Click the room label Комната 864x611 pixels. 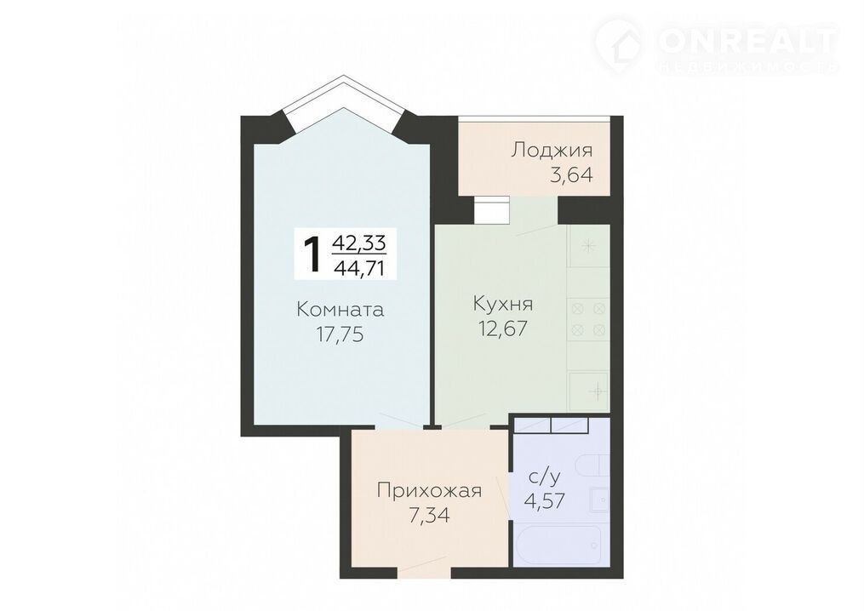coord(340,309)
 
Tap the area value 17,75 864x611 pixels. coord(340,334)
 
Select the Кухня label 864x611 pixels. coord(503,304)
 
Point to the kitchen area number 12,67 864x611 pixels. coord(504,328)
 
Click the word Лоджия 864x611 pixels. coord(552,150)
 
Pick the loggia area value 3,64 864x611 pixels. coord(571,174)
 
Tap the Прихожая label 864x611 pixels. coord(429,490)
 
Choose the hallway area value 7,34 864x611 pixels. coord(429,515)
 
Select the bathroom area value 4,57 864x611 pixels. coord(545,501)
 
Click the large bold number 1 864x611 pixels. coord(313,254)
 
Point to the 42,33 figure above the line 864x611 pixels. coord(358,242)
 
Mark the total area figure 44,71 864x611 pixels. coord(358,268)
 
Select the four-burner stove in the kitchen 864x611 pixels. coord(588,320)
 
